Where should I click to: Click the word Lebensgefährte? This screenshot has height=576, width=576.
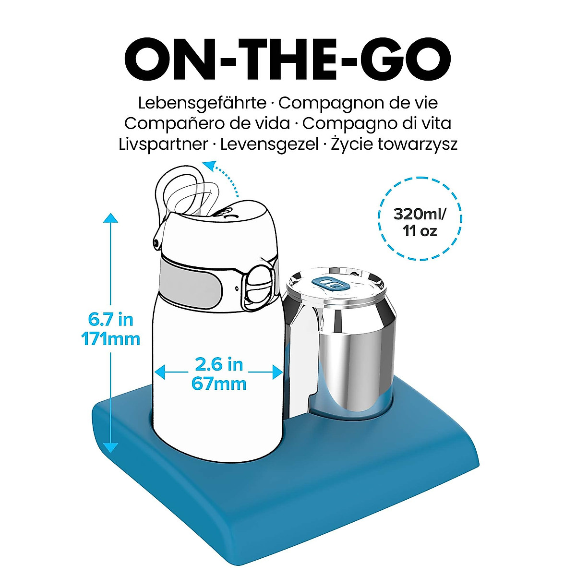tap(202, 103)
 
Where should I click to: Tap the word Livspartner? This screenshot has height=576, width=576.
tap(163, 144)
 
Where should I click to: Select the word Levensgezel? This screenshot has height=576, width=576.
tap(269, 144)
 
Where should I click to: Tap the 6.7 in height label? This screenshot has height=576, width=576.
tap(110, 319)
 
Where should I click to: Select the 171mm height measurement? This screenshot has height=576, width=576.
tap(110, 339)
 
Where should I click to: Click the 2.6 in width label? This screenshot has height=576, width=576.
tap(218, 364)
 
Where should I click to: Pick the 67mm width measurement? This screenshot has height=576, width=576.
tap(218, 384)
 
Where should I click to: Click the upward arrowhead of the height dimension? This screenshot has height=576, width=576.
tap(111, 218)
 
